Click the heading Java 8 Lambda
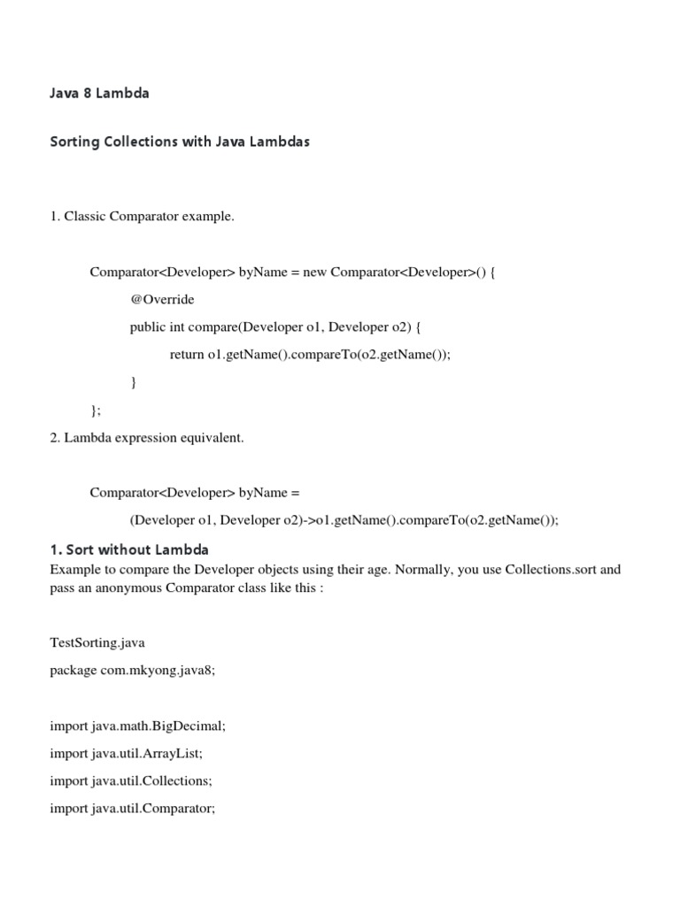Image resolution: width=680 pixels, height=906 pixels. click(x=99, y=93)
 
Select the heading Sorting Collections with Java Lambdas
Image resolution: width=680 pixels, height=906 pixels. click(x=180, y=142)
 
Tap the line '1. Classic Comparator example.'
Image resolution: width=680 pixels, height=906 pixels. click(x=143, y=217)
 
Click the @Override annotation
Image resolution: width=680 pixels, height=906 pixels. click(x=162, y=299)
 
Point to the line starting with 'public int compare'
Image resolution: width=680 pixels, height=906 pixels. click(x=275, y=326)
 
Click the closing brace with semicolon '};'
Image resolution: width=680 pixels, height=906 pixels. click(x=96, y=410)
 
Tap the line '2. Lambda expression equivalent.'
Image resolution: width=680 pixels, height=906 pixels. click(x=147, y=438)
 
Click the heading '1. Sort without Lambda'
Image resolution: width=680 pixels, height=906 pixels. click(x=129, y=549)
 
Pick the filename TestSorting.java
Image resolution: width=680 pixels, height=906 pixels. click(x=97, y=643)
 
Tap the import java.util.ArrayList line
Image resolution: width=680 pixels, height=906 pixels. click(x=132, y=754)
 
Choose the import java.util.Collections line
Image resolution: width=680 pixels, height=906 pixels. click(x=136, y=781)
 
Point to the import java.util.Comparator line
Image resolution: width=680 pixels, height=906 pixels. click(x=133, y=809)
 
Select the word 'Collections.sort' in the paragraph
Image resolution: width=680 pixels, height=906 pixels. click(x=550, y=569)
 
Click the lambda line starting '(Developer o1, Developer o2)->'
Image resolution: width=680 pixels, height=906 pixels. click(x=344, y=520)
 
